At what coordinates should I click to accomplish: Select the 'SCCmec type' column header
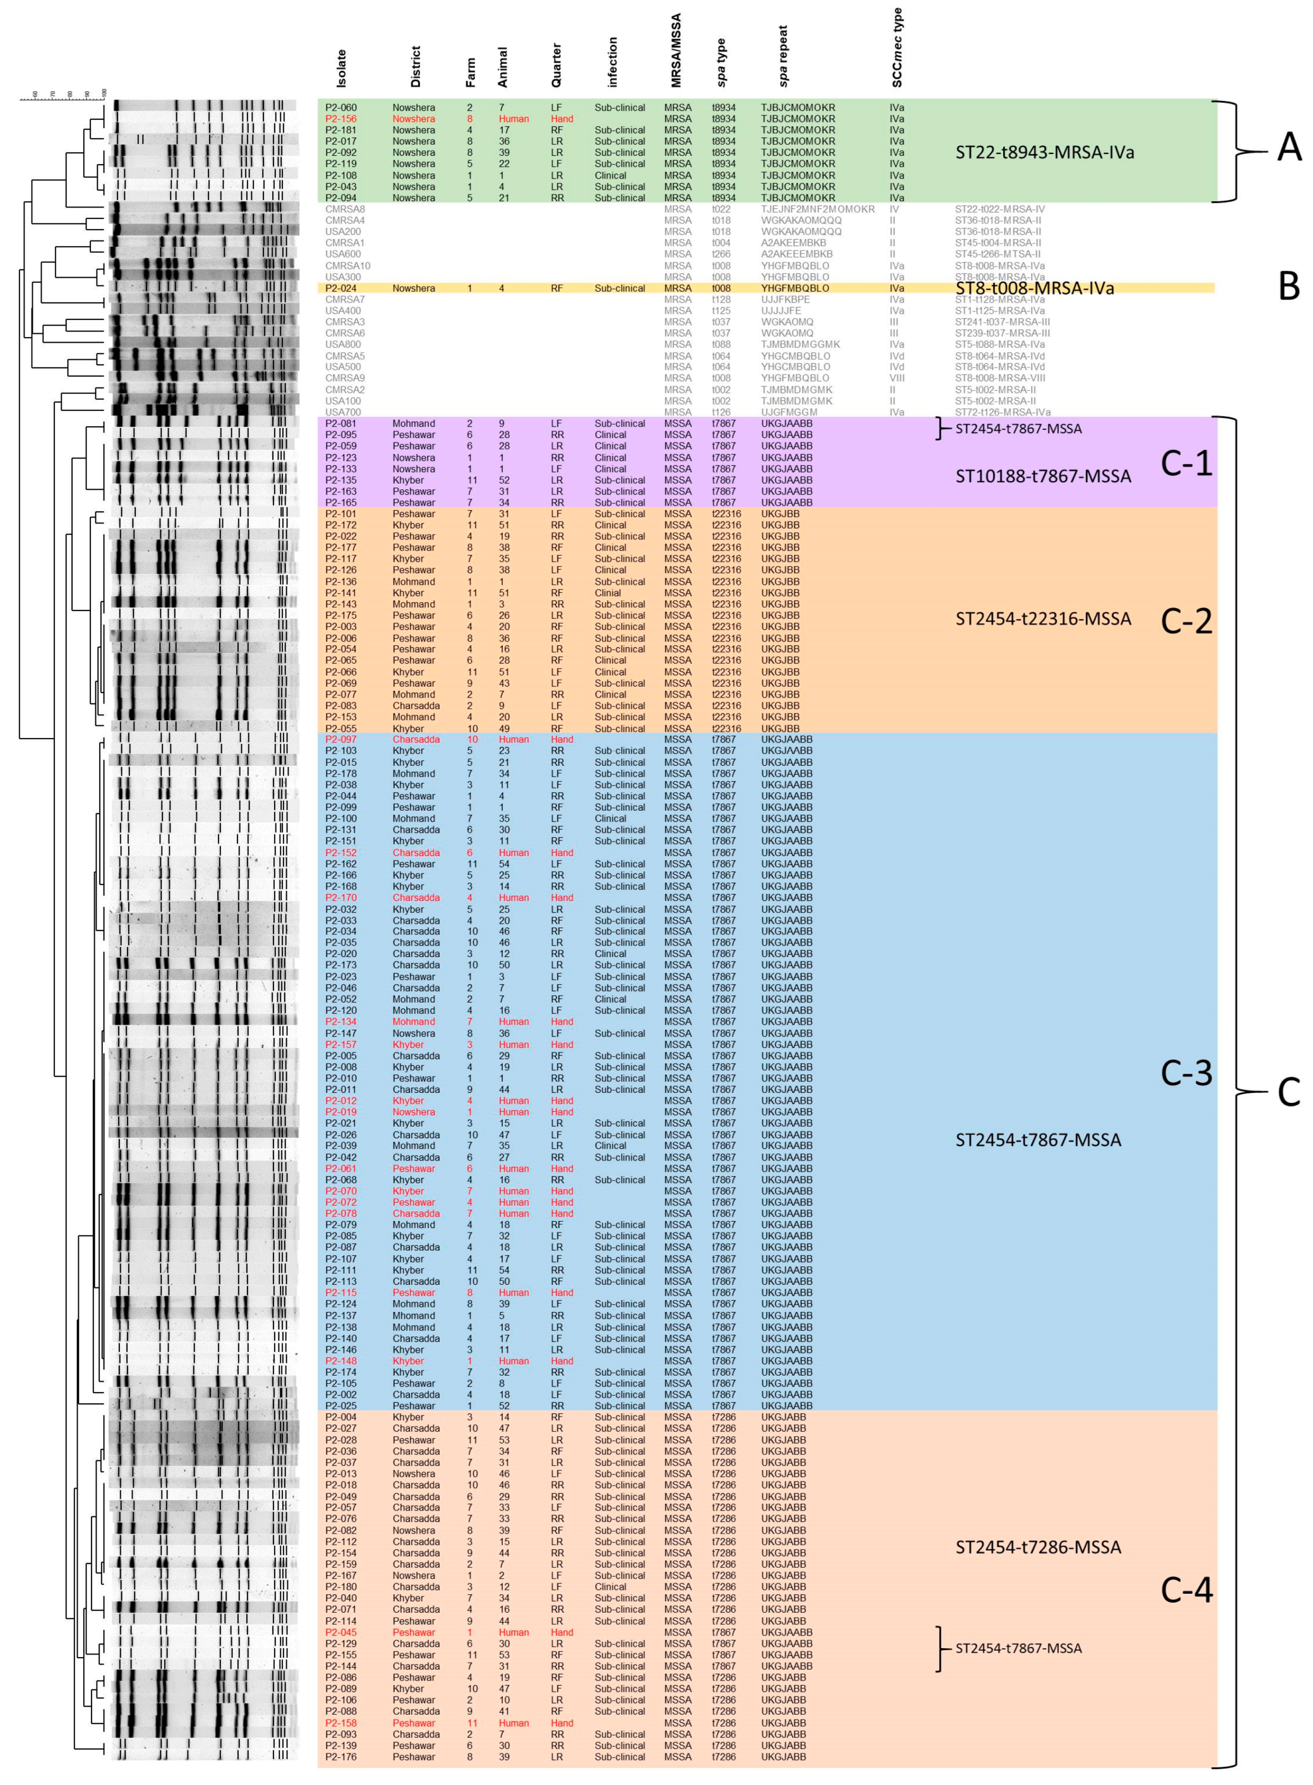pyautogui.click(x=898, y=48)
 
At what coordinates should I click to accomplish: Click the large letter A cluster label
pyautogui.click(x=1288, y=148)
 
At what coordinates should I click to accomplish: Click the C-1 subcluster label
pyautogui.click(x=1187, y=464)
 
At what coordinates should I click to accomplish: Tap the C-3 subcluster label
pyautogui.click(x=1187, y=1073)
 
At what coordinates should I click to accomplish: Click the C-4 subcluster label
pyautogui.click(x=1187, y=1589)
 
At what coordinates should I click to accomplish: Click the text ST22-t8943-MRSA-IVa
pyautogui.click(x=1044, y=153)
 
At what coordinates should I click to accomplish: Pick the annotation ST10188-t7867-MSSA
pyautogui.click(x=1043, y=477)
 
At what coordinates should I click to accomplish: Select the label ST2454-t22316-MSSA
pyautogui.click(x=1043, y=618)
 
